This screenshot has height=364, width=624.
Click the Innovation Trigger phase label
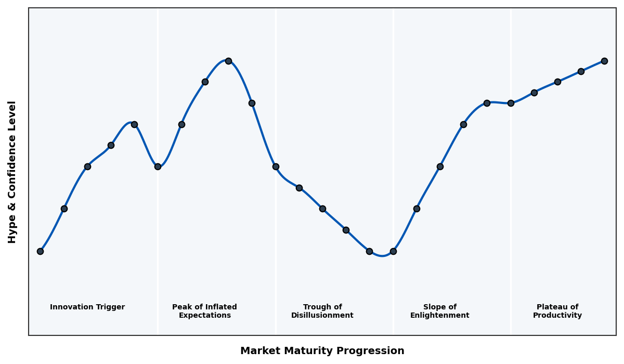[x=87, y=307]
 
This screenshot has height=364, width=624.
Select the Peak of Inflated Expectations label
[x=204, y=311]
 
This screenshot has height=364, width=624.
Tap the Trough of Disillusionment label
[x=322, y=311]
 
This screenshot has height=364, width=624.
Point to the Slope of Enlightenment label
[x=440, y=311]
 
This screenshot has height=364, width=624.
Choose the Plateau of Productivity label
[x=557, y=311]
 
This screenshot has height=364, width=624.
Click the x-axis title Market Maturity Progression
[x=322, y=351]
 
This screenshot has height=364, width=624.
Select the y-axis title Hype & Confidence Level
[x=12, y=172]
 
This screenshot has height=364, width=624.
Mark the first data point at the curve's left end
[x=40, y=251]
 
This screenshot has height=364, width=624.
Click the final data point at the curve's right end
[x=604, y=61]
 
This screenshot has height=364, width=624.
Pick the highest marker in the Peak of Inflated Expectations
[x=228, y=61]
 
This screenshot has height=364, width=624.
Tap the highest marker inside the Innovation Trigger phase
[x=134, y=124]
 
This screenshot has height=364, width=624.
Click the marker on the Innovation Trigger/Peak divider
[x=158, y=166]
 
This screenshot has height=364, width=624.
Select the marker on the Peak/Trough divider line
[x=276, y=166]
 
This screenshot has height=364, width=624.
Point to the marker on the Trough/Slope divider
[x=393, y=251]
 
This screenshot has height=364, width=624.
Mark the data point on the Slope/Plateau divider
[x=511, y=103]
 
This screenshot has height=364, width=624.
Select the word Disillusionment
[x=322, y=316]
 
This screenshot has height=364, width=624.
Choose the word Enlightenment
[x=440, y=316]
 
